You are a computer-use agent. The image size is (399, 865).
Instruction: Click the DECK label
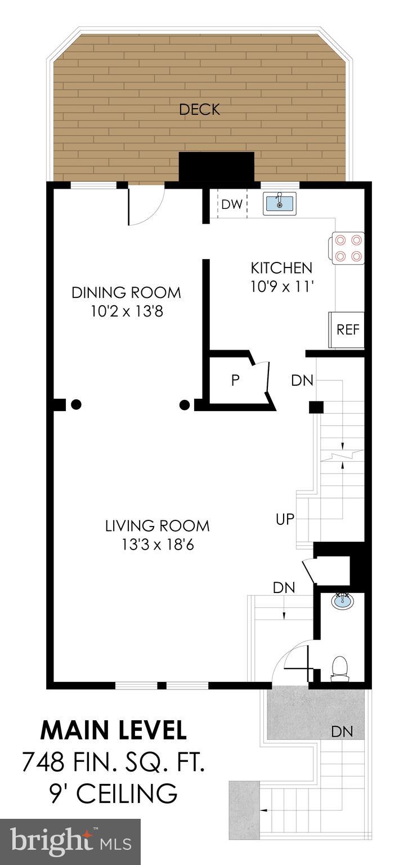[x=199, y=109]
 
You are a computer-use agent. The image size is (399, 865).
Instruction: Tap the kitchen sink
[x=279, y=203]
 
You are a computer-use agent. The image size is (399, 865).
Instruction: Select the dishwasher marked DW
[x=231, y=204]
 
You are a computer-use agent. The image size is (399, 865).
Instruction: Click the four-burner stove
[x=348, y=248]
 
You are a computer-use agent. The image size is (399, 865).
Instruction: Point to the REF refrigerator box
[x=347, y=329]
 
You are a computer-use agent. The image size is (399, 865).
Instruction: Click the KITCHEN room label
[x=281, y=267]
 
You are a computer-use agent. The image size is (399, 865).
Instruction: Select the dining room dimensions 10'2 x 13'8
[x=127, y=311]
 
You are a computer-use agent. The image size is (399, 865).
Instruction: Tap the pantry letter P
[x=235, y=380]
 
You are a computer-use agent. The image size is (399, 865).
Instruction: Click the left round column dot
[x=77, y=404]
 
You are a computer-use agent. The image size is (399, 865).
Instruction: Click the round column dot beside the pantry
[x=184, y=404]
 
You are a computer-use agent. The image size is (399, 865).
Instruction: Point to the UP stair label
[x=285, y=519]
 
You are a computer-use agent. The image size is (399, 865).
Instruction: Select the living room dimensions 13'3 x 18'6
[x=157, y=545]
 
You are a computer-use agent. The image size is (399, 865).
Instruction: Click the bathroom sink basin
[x=343, y=602]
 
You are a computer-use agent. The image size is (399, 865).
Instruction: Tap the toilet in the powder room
[x=339, y=668]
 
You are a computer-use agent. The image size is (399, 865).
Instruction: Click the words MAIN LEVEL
[x=113, y=730]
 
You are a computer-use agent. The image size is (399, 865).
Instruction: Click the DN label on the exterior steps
[x=342, y=732]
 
